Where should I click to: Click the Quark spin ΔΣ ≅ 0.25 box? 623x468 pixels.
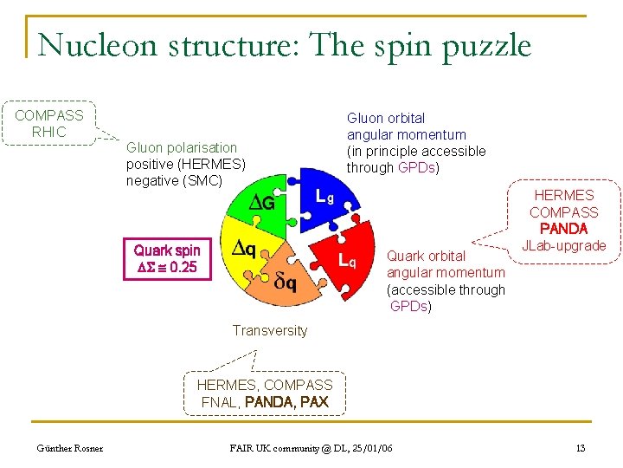166,258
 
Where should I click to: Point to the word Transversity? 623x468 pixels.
269,330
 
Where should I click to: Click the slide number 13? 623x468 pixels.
580,448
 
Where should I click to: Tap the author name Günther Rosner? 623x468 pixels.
69,448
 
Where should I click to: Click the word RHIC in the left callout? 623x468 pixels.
48,132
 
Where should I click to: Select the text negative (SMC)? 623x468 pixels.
174,180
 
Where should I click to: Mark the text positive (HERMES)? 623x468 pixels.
186,164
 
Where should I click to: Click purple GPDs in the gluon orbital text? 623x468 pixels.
418,167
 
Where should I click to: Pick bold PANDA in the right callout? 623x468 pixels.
563,229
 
